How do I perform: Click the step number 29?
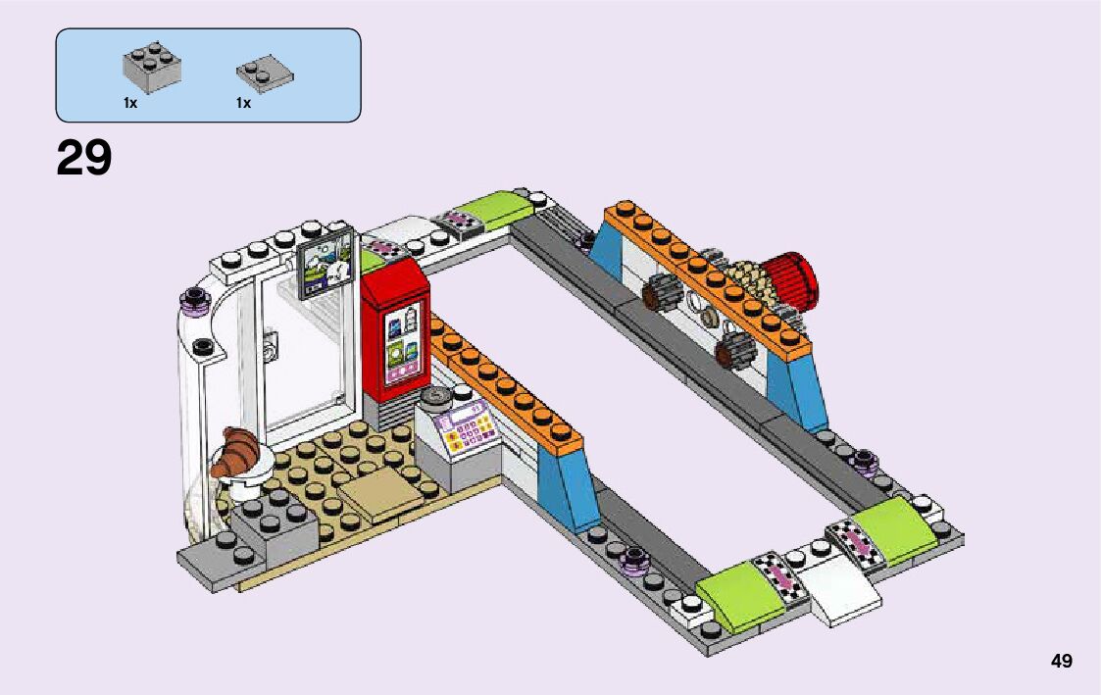pyautogui.click(x=84, y=159)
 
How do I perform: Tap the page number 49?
pyautogui.click(x=1061, y=661)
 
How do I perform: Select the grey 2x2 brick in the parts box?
pyautogui.click(x=153, y=65)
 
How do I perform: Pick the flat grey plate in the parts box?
pyautogui.click(x=265, y=74)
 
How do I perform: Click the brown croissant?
pyautogui.click(x=236, y=452)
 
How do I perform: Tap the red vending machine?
pyautogui.click(x=394, y=333)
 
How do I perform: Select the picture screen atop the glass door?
pyautogui.click(x=325, y=263)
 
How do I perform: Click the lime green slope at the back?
pyautogui.click(x=490, y=208)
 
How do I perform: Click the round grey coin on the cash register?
pyautogui.click(x=434, y=397)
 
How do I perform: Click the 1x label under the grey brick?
pyautogui.click(x=130, y=102)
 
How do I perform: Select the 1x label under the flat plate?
pyautogui.click(x=243, y=102)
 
